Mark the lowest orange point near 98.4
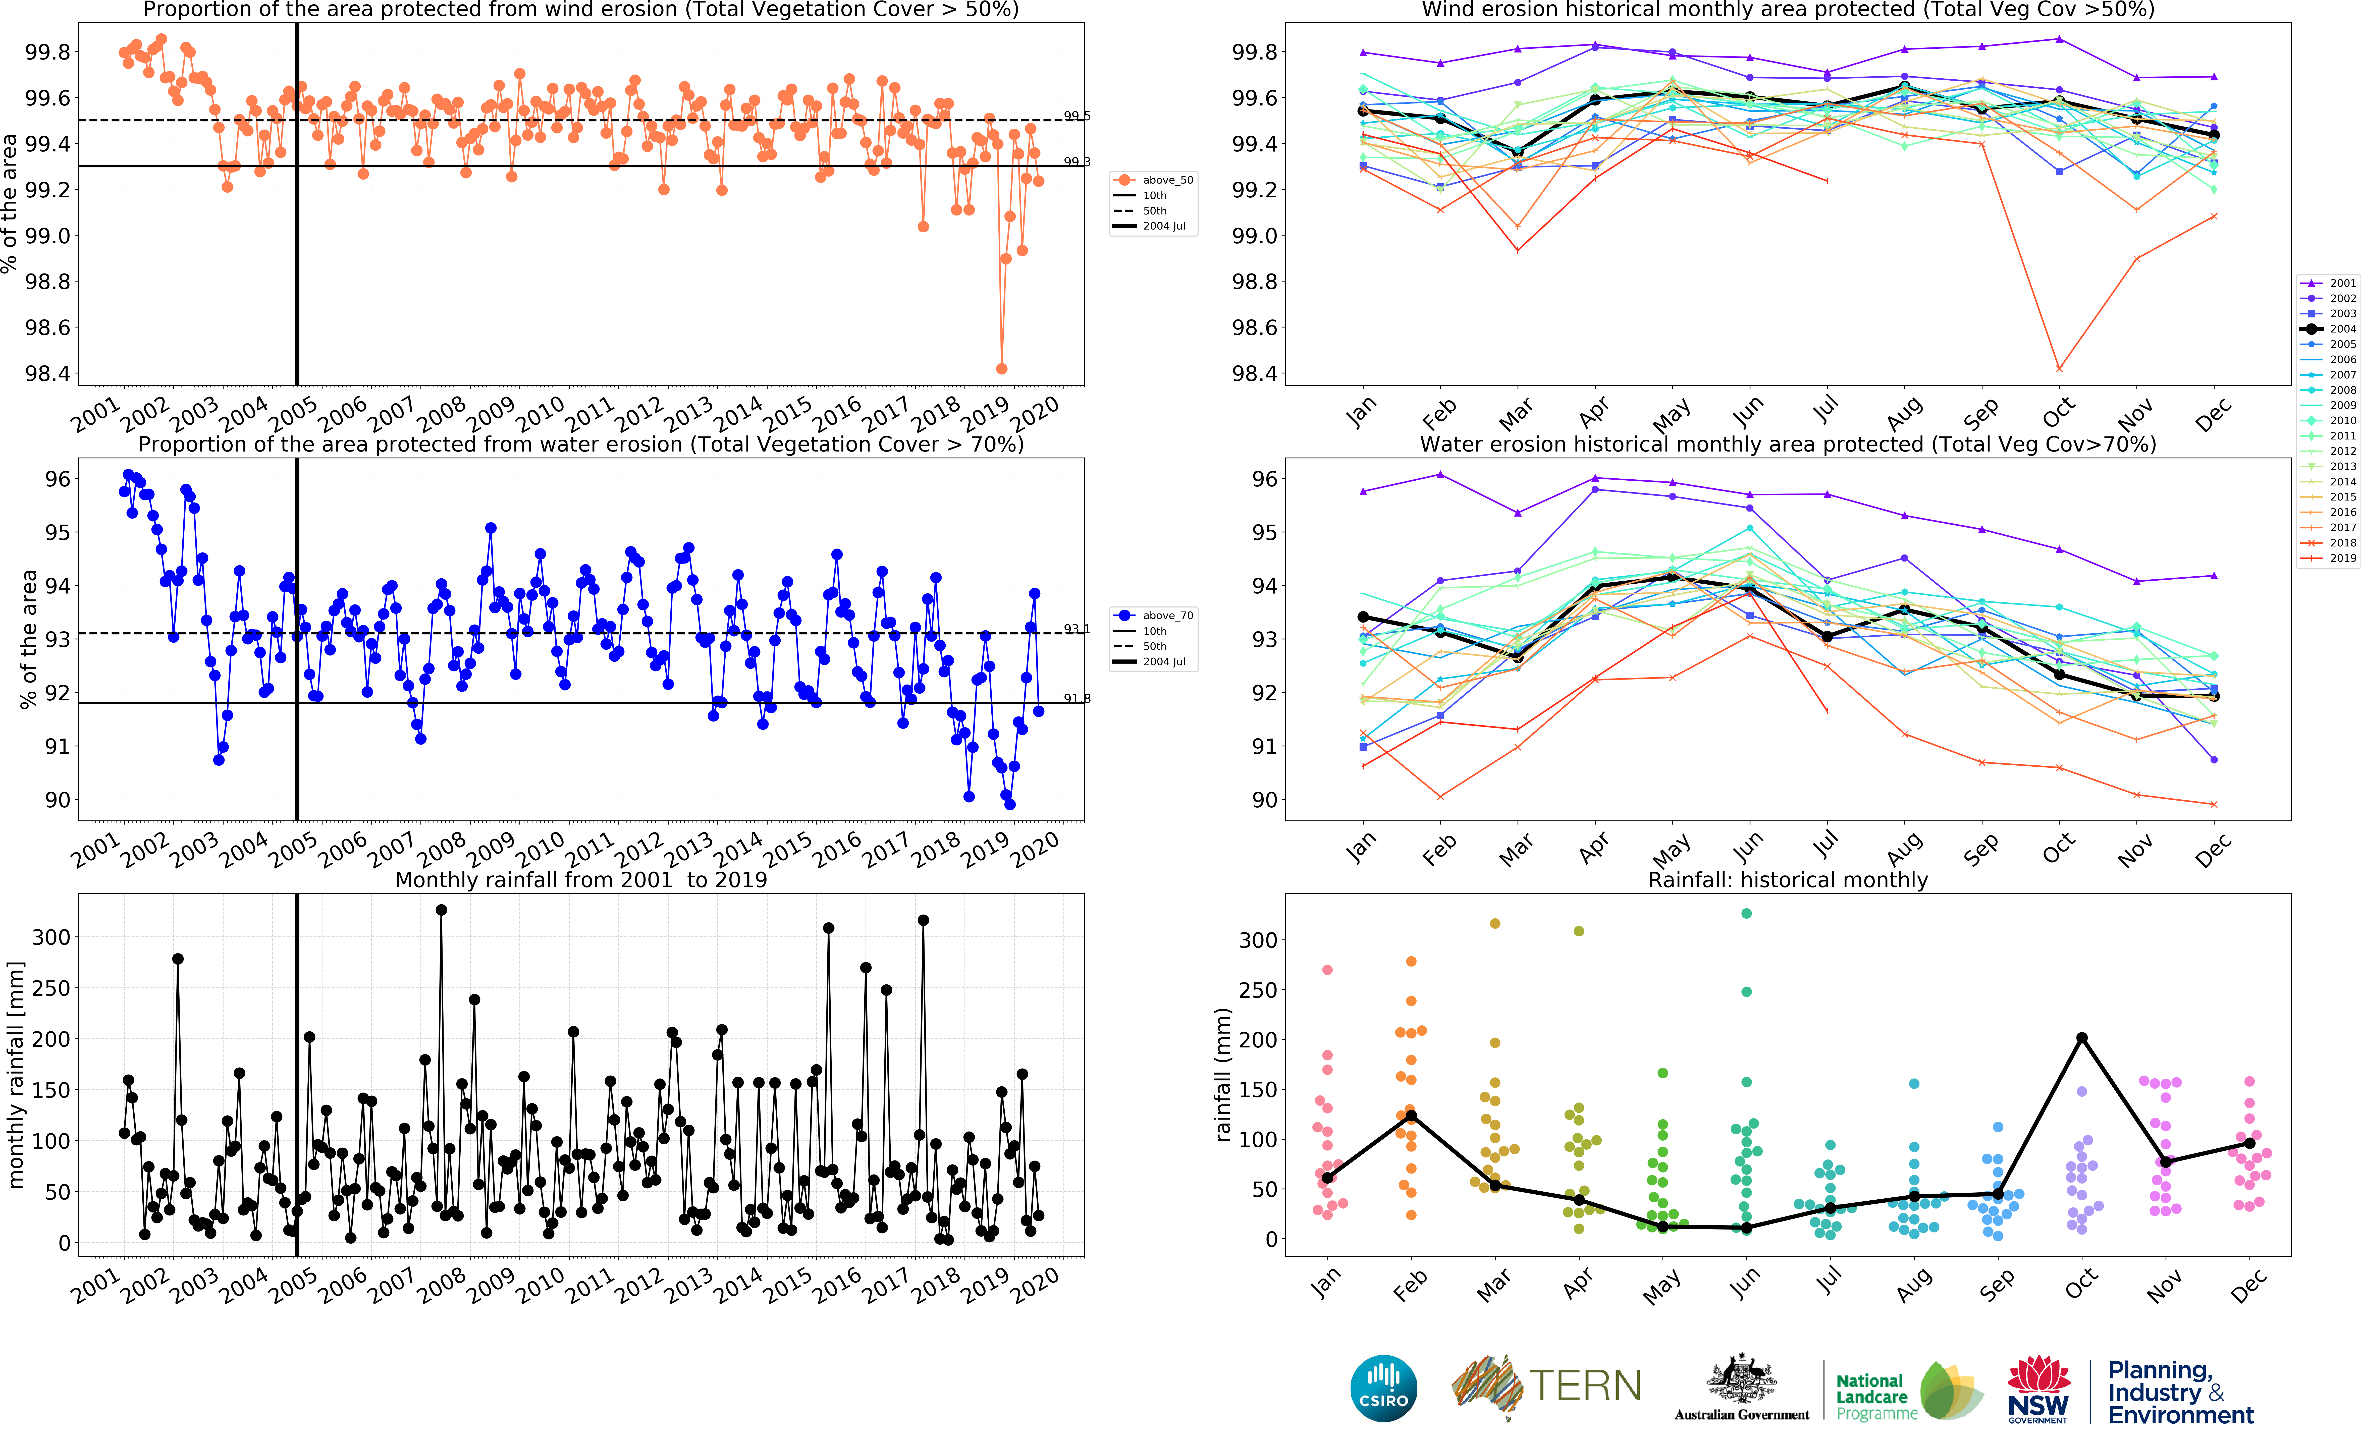(1001, 368)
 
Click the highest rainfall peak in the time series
(441, 910)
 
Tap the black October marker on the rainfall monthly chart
(2082, 1038)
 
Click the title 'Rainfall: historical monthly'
(1788, 879)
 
